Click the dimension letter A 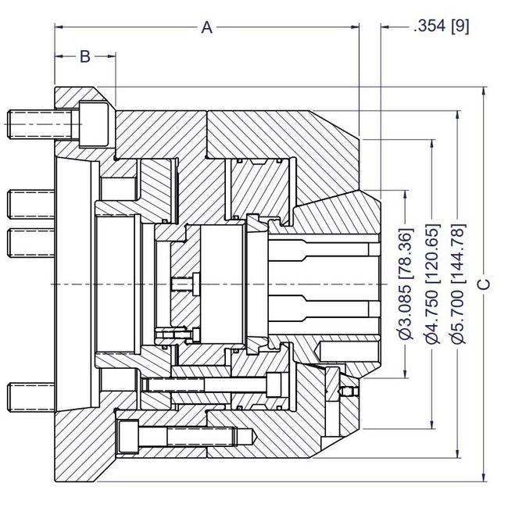tap(206, 27)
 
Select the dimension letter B tap(85, 56)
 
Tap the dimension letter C tap(485, 283)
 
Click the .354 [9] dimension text tap(441, 26)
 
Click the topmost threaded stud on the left tap(31, 123)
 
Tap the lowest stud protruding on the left tap(31, 396)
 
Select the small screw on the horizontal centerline tap(184, 282)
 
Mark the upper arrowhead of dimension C tap(485, 91)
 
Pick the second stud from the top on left tap(31, 204)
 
